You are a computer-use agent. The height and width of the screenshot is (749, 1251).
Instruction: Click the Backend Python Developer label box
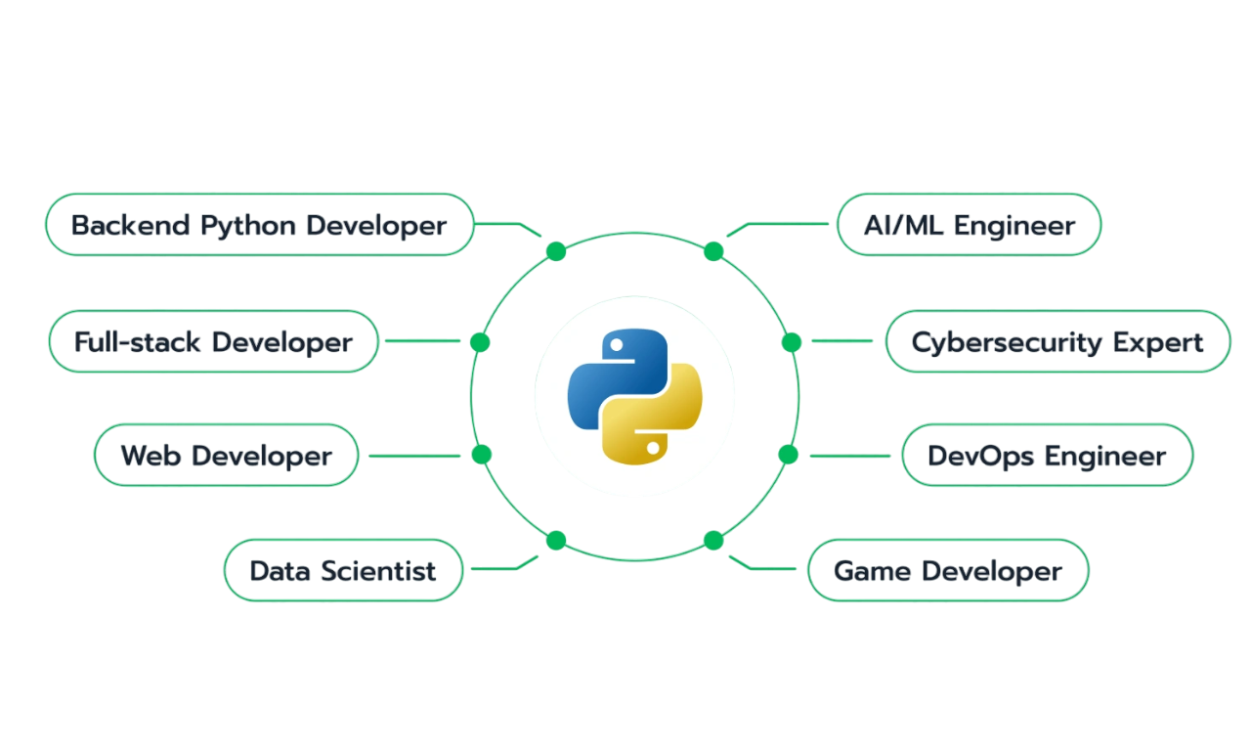coord(260,225)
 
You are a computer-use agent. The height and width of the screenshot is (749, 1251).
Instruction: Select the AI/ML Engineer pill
coord(969,225)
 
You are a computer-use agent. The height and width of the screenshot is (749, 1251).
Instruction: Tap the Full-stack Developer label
coord(213,341)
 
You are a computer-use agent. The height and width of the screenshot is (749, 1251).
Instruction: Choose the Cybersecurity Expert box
coord(1057,341)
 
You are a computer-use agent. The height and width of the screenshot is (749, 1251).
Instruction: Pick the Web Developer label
coord(226,455)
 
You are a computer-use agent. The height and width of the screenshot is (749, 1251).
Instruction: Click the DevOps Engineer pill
coord(1047,455)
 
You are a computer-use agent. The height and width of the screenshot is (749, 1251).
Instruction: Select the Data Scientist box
coord(343,570)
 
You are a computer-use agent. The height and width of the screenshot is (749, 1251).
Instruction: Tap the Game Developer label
coord(948,570)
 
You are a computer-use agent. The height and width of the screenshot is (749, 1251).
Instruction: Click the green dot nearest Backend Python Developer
coord(556,251)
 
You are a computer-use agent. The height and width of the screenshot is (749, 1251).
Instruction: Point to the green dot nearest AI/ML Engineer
coord(713,251)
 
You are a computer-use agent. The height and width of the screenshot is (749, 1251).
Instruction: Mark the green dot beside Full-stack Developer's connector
coord(480,342)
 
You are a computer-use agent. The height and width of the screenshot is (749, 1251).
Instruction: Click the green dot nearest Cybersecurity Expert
coord(792,342)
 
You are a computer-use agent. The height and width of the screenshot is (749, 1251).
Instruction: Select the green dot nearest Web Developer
coord(482,455)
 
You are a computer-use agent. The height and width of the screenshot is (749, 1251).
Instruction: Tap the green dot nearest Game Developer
coord(713,541)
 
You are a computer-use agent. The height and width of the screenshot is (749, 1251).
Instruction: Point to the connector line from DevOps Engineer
coord(850,456)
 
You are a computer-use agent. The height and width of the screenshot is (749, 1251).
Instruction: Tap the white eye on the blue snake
coord(617,345)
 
